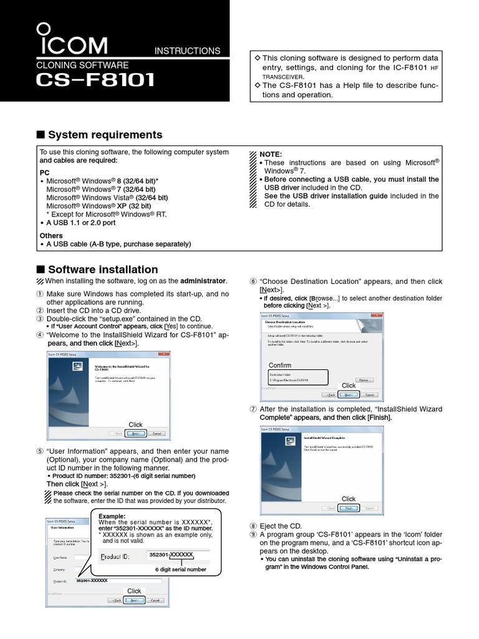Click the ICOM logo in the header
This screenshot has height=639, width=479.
pyautogui.click(x=71, y=42)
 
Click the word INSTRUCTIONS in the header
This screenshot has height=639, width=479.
pyautogui.click(x=187, y=51)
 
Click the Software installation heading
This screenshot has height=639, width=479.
pyautogui.click(x=103, y=270)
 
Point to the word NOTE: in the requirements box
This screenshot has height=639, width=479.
pyautogui.click(x=271, y=154)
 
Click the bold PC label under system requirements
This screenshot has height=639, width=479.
pyautogui.click(x=45, y=171)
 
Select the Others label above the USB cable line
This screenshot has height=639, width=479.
pyautogui.click(x=51, y=235)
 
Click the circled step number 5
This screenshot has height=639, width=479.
pyautogui.click(x=41, y=451)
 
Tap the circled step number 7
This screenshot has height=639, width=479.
pyautogui.click(x=253, y=409)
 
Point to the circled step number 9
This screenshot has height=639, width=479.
pyautogui.click(x=253, y=535)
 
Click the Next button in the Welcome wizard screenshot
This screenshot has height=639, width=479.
pyautogui.click(x=136, y=433)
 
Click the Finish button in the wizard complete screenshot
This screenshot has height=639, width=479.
pyautogui.click(x=349, y=508)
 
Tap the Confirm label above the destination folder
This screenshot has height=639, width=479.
pyautogui.click(x=280, y=365)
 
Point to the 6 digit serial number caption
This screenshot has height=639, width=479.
pyautogui.click(x=180, y=570)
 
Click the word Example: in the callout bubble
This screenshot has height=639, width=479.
pyautogui.click(x=112, y=517)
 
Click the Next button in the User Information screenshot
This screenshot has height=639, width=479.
pyautogui.click(x=135, y=600)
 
